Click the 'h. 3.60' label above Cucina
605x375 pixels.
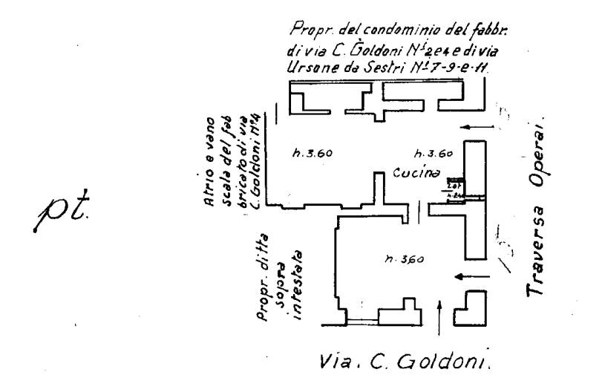tap(431, 155)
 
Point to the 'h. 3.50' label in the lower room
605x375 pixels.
tap(403, 259)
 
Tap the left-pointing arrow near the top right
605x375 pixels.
tap(483, 126)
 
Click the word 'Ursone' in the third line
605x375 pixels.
tap(309, 68)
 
